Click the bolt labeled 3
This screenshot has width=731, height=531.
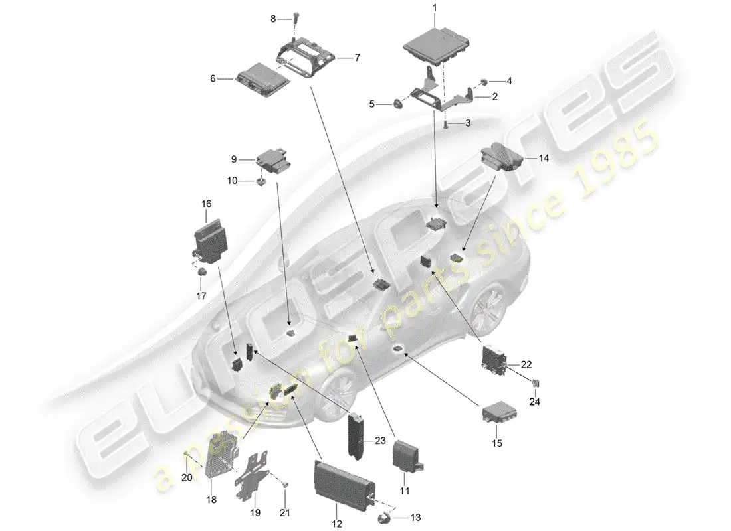(x=445, y=124)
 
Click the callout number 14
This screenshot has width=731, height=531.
(x=544, y=158)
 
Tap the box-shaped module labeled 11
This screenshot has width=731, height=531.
(x=407, y=458)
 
